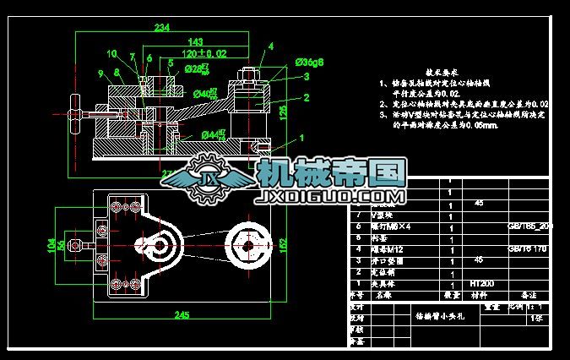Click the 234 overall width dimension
pyautogui.click(x=161, y=28)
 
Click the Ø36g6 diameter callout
pyautogui.click(x=310, y=62)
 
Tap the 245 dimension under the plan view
pyautogui.click(x=182, y=315)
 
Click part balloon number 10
pyautogui.click(x=111, y=54)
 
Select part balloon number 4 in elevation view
pyautogui.click(x=271, y=46)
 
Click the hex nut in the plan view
pyautogui.click(x=247, y=247)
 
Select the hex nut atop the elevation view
pyautogui.click(x=252, y=74)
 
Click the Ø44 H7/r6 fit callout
pyautogui.click(x=213, y=134)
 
